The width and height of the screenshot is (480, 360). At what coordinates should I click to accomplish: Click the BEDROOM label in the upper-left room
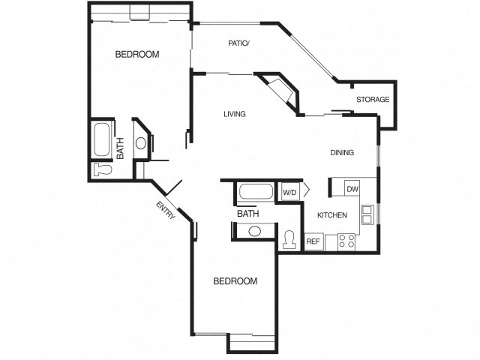(x=136, y=55)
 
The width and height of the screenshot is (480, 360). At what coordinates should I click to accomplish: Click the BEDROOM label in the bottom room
(x=235, y=281)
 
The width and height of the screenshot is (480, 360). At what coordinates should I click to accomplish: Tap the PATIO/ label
(x=238, y=43)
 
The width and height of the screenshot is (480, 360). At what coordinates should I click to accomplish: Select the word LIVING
(x=234, y=114)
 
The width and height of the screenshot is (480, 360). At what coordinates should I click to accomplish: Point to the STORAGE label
(x=372, y=100)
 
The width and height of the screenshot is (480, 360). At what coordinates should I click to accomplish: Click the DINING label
(x=342, y=153)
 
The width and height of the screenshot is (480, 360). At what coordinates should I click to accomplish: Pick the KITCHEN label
(x=331, y=215)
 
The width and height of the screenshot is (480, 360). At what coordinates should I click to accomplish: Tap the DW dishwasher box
(x=352, y=189)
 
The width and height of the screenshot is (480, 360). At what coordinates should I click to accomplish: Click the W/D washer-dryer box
(x=289, y=193)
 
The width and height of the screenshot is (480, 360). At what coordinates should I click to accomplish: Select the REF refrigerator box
(x=313, y=241)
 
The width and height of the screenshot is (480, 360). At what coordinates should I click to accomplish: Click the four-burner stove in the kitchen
(x=346, y=241)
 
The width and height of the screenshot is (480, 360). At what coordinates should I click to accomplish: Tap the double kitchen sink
(x=367, y=214)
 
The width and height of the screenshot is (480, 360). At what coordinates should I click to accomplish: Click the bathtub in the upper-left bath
(x=101, y=139)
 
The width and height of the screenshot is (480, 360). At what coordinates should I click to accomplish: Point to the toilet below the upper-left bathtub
(x=101, y=170)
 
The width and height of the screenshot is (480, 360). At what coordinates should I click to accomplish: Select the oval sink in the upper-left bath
(x=140, y=143)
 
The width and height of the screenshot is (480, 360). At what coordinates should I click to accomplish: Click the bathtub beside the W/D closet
(x=255, y=193)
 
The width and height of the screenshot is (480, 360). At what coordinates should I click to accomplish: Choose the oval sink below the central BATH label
(x=255, y=231)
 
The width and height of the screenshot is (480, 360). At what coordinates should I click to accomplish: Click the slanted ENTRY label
(x=166, y=211)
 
